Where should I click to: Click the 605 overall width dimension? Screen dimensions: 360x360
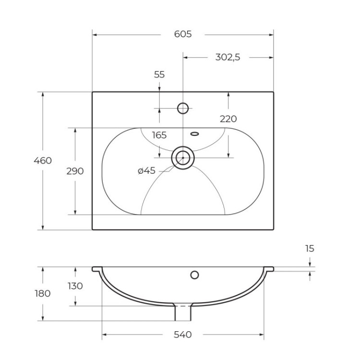[182, 34]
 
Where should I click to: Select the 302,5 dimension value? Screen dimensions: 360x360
[228, 57]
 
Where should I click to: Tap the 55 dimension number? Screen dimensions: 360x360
[159, 74]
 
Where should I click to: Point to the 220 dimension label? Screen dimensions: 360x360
[228, 119]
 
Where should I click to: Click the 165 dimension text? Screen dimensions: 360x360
[159, 135]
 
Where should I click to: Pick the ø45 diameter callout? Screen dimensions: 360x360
[146, 170]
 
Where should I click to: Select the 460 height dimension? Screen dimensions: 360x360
[43, 161]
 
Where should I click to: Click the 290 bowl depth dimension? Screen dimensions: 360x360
[75, 171]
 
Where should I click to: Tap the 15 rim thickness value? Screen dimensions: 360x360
[310, 249]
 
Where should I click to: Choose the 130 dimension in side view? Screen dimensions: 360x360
[75, 286]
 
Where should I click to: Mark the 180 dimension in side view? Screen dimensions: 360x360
[43, 293]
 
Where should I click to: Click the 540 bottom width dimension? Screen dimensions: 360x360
[182, 335]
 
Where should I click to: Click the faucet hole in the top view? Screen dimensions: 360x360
[183, 108]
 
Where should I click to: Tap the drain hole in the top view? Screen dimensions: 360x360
[183, 157]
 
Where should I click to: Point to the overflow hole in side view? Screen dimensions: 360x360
[194, 275]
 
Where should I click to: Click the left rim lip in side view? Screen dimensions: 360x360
[97, 269]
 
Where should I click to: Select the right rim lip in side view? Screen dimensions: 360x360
[269, 269]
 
